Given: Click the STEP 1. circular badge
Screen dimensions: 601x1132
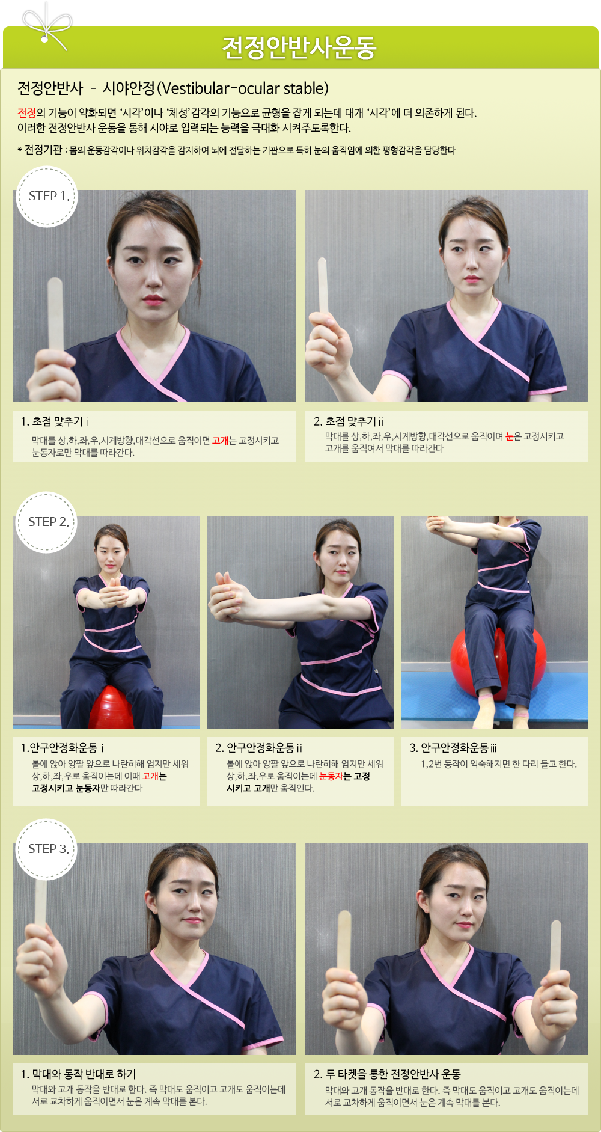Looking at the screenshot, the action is [47, 197].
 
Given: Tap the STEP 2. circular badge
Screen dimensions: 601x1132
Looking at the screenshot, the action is [46, 522].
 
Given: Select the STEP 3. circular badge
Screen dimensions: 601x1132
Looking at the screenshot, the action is [46, 849].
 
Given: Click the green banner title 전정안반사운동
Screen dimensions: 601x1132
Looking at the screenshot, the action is [299, 47].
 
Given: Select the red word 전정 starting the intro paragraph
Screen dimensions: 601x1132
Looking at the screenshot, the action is [26, 113].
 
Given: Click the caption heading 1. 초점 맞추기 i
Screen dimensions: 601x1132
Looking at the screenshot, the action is [55, 421].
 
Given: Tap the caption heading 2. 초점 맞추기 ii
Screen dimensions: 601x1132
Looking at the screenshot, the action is [349, 421].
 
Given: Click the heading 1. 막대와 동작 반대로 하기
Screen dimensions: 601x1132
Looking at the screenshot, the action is [78, 1074].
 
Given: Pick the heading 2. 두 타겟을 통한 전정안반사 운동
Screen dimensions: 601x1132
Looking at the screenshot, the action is [387, 1074].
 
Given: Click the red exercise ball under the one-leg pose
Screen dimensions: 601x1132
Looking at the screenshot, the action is [499, 660].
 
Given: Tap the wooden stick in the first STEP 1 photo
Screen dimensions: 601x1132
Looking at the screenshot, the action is [55, 315].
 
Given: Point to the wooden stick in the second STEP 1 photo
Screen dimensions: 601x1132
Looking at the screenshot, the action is [323, 286].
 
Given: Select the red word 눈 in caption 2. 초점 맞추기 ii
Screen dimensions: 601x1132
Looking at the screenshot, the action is [510, 436].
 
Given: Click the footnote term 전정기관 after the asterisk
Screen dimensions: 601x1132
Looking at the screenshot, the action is [43, 150].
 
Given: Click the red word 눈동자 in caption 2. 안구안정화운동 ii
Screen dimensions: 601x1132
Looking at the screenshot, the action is [331, 776].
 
